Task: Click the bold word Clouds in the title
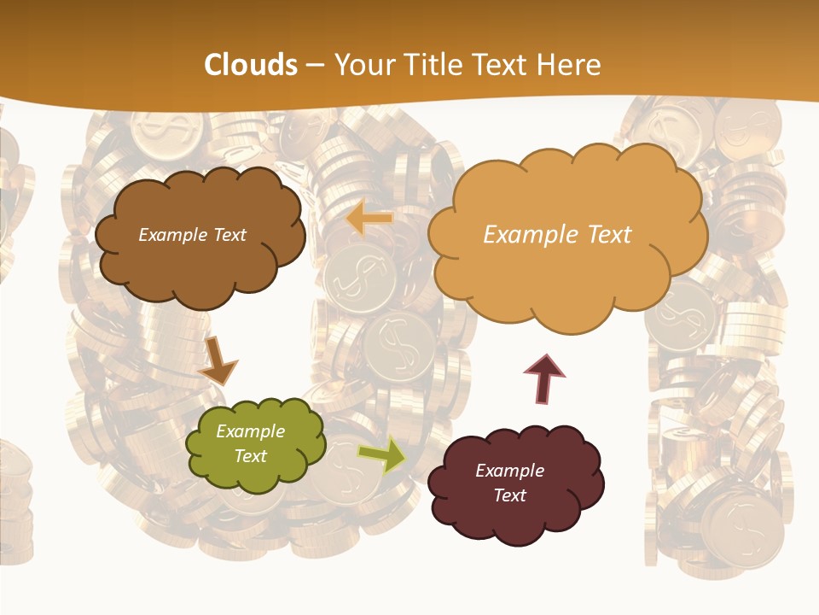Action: pyautogui.click(x=251, y=65)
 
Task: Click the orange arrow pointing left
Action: pyautogui.click(x=369, y=219)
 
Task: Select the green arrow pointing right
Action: pyautogui.click(x=382, y=454)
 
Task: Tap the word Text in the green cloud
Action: pyautogui.click(x=251, y=456)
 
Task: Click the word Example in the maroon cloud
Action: pyautogui.click(x=509, y=471)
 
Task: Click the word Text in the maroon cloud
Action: pyautogui.click(x=509, y=495)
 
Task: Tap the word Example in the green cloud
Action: pyautogui.click(x=250, y=431)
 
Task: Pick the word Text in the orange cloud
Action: pyautogui.click(x=607, y=234)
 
